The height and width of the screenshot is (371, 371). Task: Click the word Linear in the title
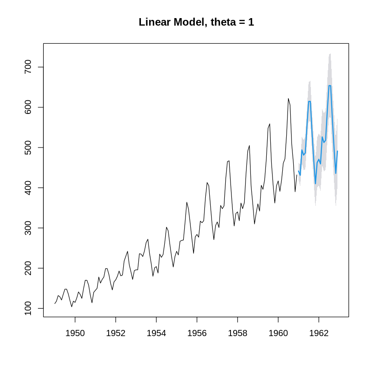[154, 22]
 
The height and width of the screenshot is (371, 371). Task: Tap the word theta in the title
[220, 22]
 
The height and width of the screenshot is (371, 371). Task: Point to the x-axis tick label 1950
[75, 333]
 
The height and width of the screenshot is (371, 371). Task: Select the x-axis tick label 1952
[116, 333]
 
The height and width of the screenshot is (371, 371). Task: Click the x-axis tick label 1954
[156, 333]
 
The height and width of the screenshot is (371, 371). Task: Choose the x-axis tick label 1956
[197, 333]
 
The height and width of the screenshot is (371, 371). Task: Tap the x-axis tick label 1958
[238, 333]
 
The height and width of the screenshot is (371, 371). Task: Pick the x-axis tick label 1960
[278, 333]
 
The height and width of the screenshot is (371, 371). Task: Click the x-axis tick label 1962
[319, 333]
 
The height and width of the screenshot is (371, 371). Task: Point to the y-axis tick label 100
[27, 308]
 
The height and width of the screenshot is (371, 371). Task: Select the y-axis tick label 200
[27, 268]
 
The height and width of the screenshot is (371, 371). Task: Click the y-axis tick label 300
[27, 228]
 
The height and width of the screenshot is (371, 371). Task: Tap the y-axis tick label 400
[27, 188]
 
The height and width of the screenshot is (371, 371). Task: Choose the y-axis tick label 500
[27, 148]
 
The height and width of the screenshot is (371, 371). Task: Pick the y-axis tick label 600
[27, 107]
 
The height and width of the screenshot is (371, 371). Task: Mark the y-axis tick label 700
[27, 67]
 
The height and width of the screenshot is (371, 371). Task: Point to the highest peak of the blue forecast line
[329, 86]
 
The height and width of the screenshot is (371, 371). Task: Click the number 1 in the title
[251, 22]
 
